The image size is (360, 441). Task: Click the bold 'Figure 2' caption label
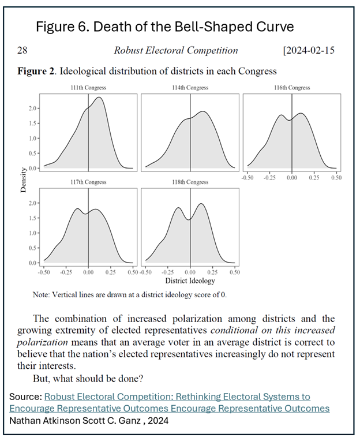coord(37,71)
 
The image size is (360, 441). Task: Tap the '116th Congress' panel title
coord(291,88)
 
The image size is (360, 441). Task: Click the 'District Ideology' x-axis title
coord(190,281)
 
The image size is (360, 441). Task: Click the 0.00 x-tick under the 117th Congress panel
coord(88,271)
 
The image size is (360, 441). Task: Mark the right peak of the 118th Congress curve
coord(201,204)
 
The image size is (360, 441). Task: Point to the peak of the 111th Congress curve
coord(99,98)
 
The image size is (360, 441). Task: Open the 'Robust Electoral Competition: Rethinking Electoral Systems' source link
coord(177,397)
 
